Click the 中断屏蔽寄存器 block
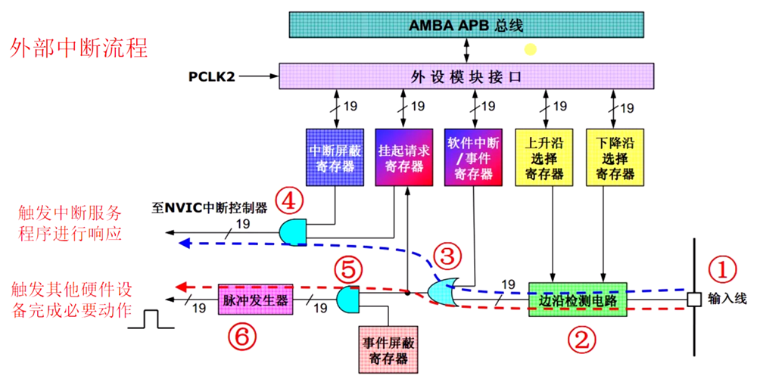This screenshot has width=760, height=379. (x=334, y=156)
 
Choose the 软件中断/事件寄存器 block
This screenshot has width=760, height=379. (x=473, y=156)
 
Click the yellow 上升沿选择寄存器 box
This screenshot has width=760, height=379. (x=544, y=156)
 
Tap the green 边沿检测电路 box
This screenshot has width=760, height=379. (x=578, y=299)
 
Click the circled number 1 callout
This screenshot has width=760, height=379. (x=720, y=268)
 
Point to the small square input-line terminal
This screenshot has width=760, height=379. (x=693, y=299)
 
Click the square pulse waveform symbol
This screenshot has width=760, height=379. (x=152, y=318)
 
